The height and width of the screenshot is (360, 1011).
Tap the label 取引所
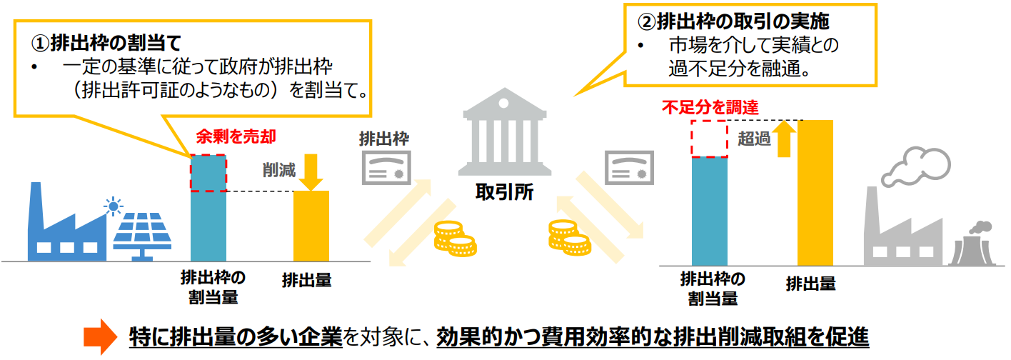pos(504,192)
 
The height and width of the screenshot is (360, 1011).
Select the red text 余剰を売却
pos(236,136)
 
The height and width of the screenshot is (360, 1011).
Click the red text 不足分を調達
pos(710,108)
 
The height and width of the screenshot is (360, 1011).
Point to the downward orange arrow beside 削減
pos(312,171)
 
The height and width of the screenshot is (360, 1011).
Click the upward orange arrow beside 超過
pos(785,139)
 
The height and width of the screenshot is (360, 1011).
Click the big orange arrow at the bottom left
pos(99,336)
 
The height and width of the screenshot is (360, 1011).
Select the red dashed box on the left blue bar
pos(208,173)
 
